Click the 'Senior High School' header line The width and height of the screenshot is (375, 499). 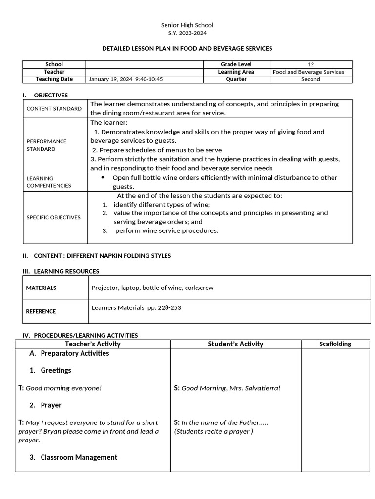pos(187,25)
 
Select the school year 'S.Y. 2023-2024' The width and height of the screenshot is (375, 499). pos(187,33)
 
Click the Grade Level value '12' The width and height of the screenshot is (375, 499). pos(311,64)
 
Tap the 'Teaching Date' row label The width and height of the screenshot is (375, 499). pos(54,79)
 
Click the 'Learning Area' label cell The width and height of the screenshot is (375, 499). pos(236,72)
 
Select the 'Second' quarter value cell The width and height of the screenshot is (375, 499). pos(311,79)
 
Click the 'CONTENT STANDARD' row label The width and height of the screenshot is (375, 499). pos(54,109)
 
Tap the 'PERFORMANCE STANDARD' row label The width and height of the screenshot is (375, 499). pos(46,145)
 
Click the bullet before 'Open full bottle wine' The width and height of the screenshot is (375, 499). pos(103,178)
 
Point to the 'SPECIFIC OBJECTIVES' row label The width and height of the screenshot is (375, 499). pos(53,217)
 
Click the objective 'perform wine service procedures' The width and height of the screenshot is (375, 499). pos(167,230)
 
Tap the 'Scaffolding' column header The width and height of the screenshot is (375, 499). pos(335,344)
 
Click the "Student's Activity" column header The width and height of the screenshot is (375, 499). pos(235,344)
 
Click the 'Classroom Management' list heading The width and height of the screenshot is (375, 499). pos(79,457)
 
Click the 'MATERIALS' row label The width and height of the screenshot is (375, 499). pos(41,288)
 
